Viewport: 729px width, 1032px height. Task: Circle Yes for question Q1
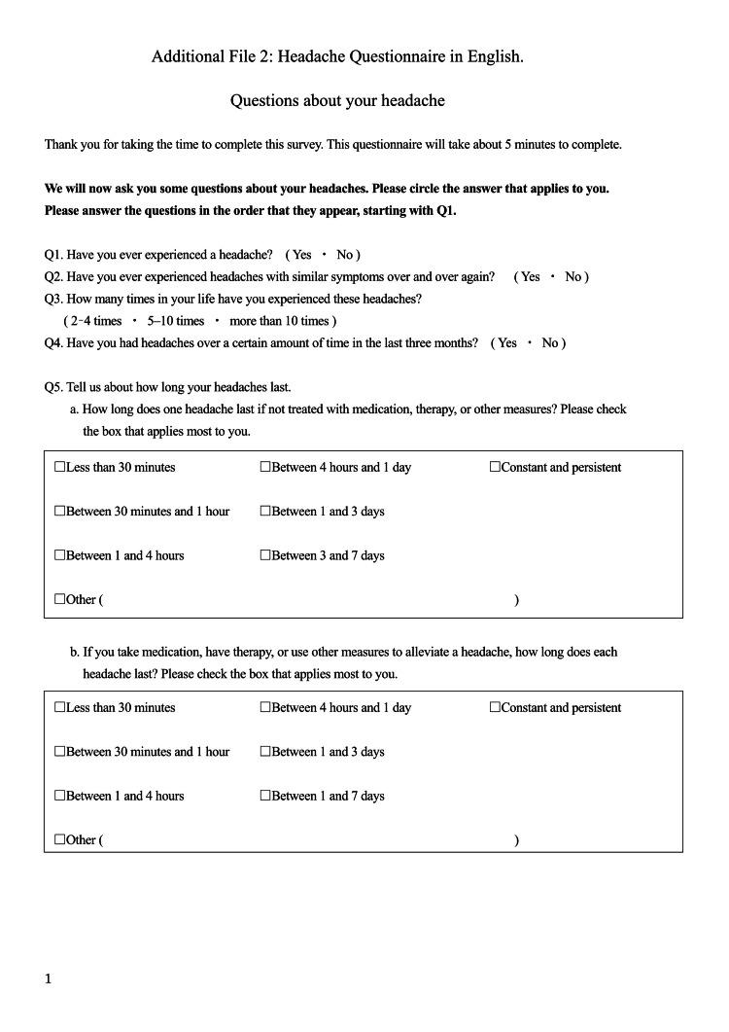(301, 255)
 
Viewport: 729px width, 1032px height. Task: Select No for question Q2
(573, 277)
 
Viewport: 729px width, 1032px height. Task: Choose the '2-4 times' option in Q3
(95, 321)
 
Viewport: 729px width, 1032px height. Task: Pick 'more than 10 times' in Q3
(280, 321)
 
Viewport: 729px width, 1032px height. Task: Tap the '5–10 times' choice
(176, 321)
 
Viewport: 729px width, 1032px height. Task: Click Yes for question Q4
(506, 343)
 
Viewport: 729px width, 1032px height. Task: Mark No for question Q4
(550, 343)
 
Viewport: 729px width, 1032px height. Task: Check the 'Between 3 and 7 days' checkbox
(265, 556)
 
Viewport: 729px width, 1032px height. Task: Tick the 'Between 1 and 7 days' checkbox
(265, 797)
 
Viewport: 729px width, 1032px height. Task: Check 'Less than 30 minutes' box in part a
(60, 468)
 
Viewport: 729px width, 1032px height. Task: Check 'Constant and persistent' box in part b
(495, 708)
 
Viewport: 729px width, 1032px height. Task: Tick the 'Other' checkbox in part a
(60, 600)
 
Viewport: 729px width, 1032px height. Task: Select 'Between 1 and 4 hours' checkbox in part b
(60, 797)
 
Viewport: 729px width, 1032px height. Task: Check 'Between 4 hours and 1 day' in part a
(265, 468)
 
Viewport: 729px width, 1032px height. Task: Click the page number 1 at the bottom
(48, 979)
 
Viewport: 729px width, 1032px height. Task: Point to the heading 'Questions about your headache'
(337, 101)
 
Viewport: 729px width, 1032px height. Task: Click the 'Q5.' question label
(54, 387)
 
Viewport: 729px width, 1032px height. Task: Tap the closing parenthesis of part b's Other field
(516, 841)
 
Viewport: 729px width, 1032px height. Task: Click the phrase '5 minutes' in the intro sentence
(529, 145)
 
